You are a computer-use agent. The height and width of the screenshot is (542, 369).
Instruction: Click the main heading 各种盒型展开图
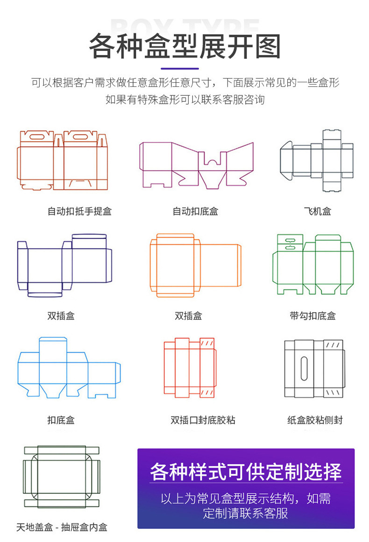(184, 46)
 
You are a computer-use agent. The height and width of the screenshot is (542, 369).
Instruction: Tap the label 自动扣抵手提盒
(79, 211)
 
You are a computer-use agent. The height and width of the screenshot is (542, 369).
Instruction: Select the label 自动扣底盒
(195, 211)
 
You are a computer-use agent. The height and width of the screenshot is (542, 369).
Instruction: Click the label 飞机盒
(317, 211)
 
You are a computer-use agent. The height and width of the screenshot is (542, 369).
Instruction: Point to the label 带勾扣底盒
(312, 316)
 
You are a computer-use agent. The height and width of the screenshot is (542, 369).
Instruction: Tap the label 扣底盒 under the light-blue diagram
(61, 420)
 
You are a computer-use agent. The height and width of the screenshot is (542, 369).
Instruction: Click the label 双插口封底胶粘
(203, 420)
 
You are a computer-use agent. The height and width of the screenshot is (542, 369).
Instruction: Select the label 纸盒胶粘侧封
(315, 420)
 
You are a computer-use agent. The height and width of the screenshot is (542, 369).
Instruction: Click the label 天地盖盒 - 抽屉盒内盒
(62, 528)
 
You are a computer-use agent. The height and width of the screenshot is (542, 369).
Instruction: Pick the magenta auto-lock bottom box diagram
(196, 164)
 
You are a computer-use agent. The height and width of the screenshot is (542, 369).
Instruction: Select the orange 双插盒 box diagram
(195, 265)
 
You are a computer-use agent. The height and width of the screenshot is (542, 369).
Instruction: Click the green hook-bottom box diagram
(313, 264)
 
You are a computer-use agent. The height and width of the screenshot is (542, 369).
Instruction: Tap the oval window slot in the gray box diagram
(305, 368)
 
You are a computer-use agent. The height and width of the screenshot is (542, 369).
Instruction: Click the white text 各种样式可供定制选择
(246, 471)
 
